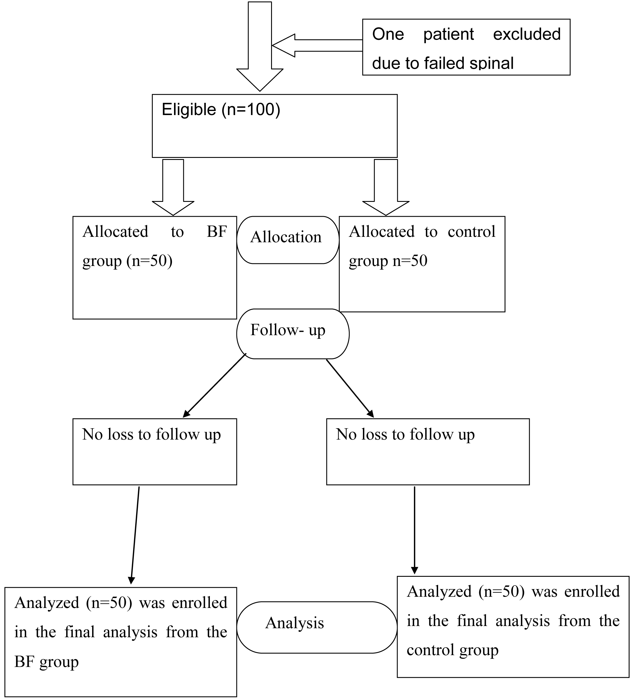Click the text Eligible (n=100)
221,110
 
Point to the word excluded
527,34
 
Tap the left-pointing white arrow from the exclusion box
317,45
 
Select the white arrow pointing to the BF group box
173,188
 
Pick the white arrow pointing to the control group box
386,188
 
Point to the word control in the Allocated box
471,232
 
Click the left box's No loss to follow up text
152,434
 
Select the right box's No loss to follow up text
405,434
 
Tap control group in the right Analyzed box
452,650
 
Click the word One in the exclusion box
388,34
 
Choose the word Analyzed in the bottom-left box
47,603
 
